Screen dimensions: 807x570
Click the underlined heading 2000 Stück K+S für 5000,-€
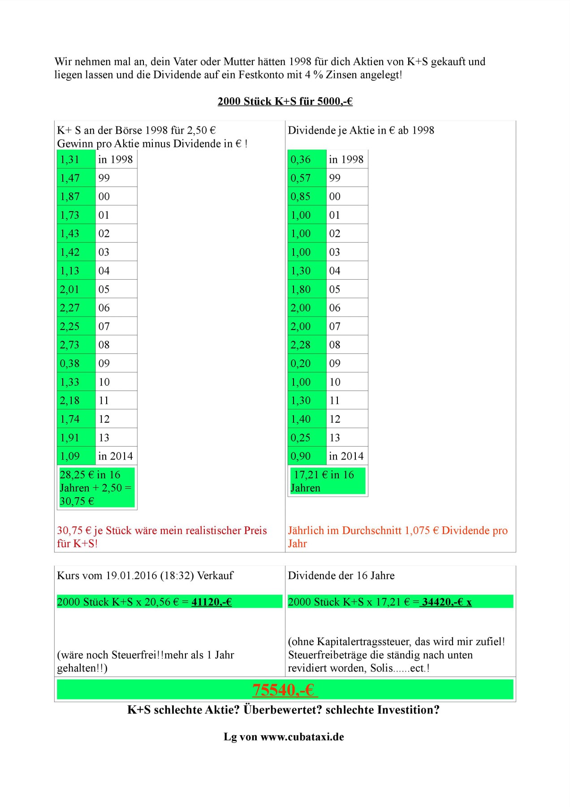tap(285, 101)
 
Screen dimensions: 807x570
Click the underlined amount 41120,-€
tap(212, 602)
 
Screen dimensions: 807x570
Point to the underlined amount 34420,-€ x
tap(446, 602)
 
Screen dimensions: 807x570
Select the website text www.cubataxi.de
tap(302, 737)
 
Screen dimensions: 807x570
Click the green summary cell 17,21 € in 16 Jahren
tap(327, 481)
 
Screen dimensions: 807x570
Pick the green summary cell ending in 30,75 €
tap(96, 488)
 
